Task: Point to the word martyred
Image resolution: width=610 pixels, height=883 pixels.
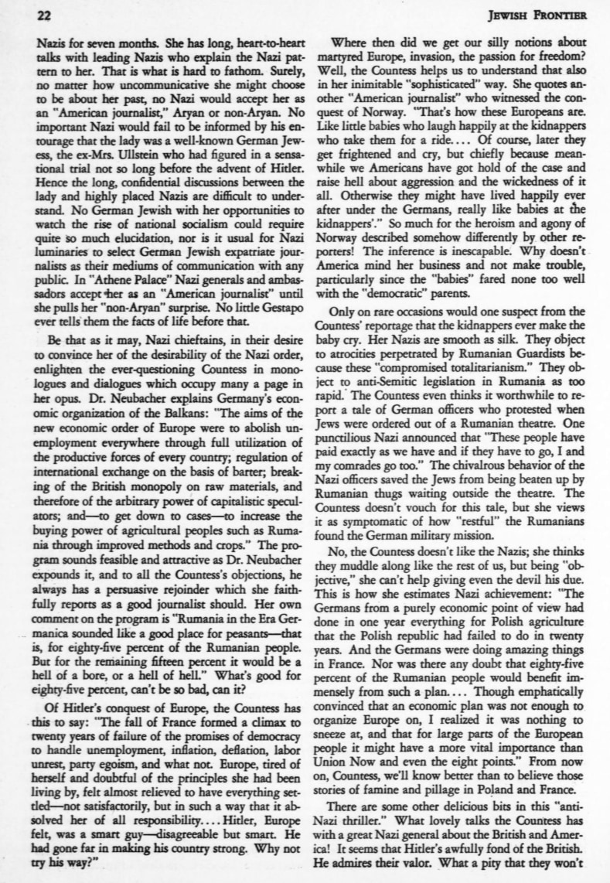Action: pyautogui.click(x=349, y=59)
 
